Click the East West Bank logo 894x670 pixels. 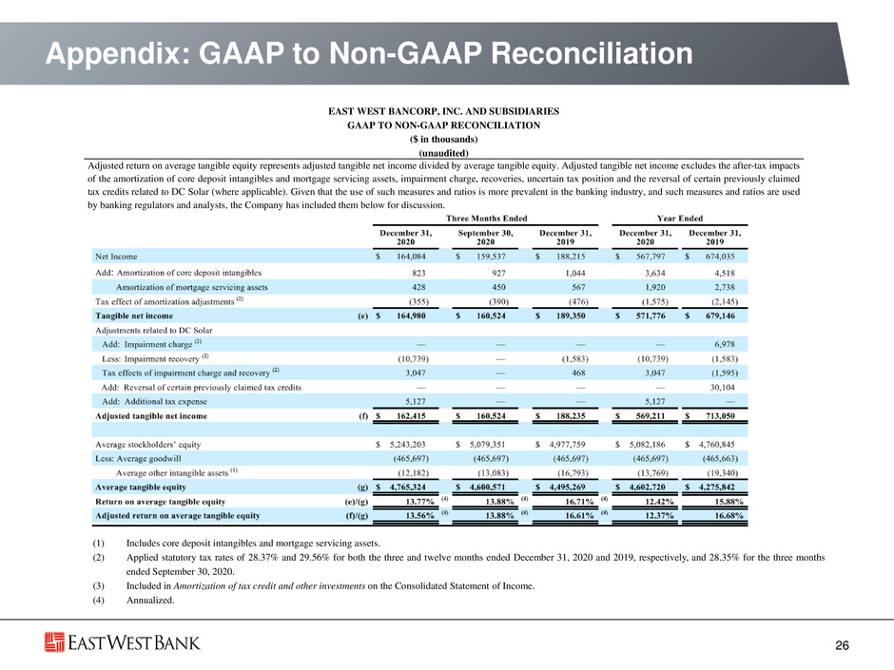[x=122, y=642]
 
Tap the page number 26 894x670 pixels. [x=842, y=645]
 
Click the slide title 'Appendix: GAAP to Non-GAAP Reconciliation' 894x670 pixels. [x=369, y=53]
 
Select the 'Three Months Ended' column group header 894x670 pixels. [x=486, y=219]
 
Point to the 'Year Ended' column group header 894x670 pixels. [x=680, y=219]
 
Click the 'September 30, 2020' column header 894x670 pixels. [x=485, y=237]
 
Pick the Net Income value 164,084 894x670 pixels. [x=411, y=257]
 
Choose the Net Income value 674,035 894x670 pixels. [x=720, y=257]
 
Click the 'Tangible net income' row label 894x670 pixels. [x=134, y=316]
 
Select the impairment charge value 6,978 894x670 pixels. [x=724, y=344]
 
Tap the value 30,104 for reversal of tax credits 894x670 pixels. [x=723, y=387]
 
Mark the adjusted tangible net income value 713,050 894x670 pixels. [x=720, y=416]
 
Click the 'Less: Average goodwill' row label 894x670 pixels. [x=138, y=459]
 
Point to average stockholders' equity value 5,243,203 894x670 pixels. [x=407, y=445]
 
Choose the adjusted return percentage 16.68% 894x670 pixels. [x=729, y=516]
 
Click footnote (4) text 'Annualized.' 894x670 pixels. [x=150, y=600]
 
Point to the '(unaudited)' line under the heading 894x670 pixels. [x=443, y=153]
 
